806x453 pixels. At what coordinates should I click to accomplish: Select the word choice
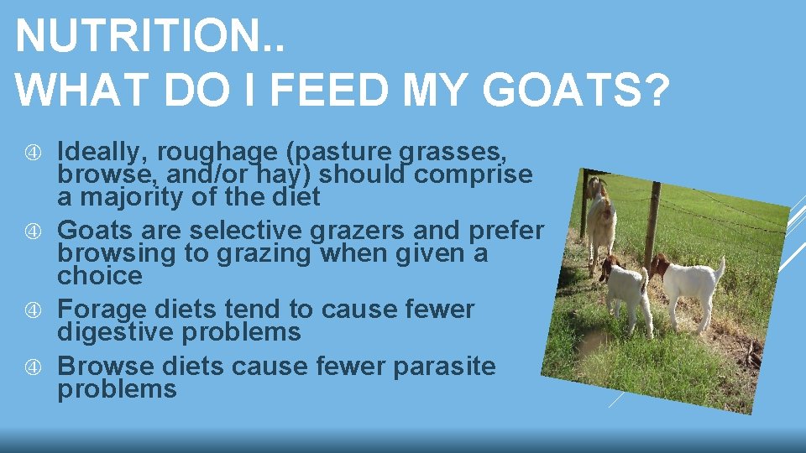(x=99, y=275)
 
